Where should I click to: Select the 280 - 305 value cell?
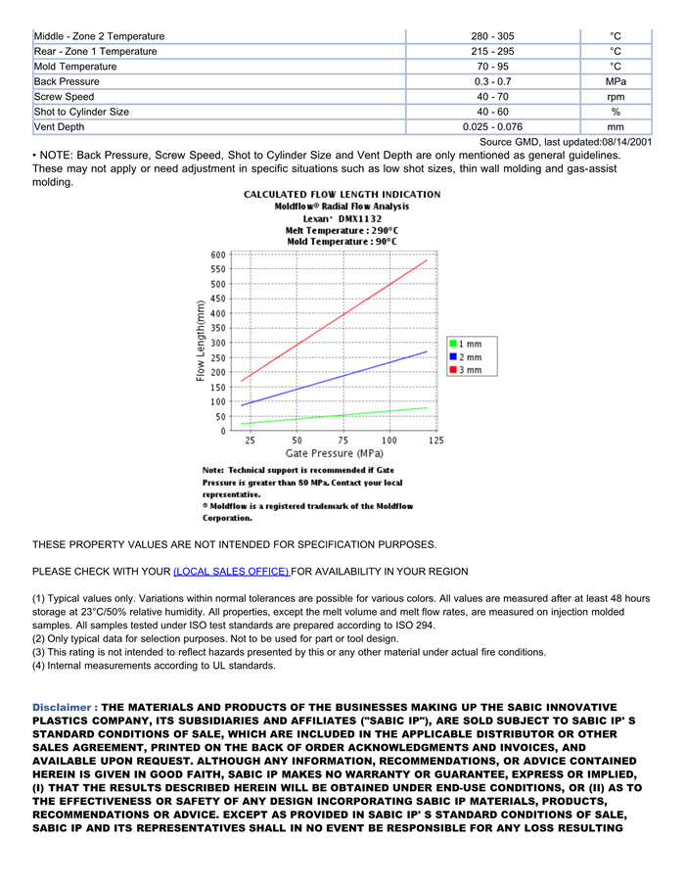coord(492,36)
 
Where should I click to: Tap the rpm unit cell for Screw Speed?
coord(615,97)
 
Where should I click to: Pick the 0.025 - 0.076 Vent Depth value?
coord(492,127)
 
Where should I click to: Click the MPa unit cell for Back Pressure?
coord(615,81)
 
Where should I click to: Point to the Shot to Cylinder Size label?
coord(81,112)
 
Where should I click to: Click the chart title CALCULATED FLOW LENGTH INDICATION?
coord(342,195)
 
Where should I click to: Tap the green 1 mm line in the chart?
coord(342,415)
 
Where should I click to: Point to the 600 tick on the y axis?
coord(217,255)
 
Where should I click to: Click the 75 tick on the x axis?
coord(342,441)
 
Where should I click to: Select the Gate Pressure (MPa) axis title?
coord(334,453)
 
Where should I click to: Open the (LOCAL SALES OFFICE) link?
coord(231,572)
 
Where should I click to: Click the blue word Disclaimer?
coord(65,707)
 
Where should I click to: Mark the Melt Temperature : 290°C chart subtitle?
coord(342,230)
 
